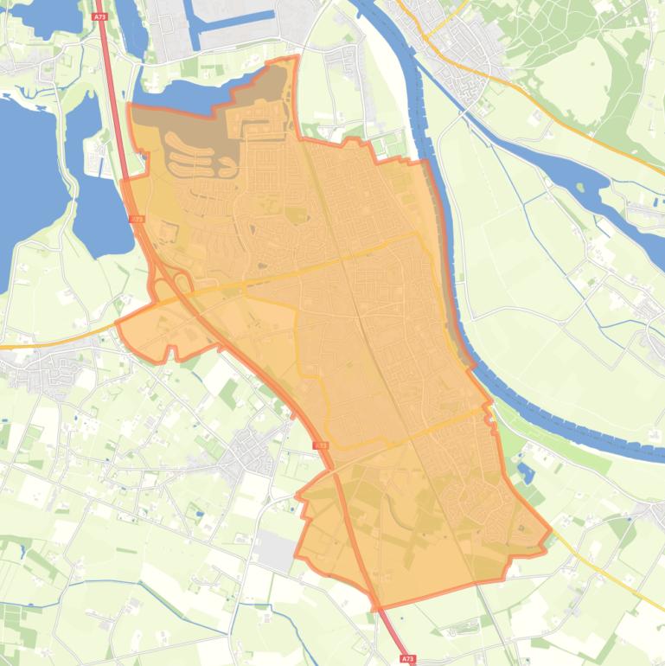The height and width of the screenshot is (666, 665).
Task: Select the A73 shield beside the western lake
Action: (136, 220)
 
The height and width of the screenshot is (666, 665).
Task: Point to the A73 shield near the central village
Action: (320, 445)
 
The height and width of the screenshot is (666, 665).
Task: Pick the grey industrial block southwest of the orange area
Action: (275, 551)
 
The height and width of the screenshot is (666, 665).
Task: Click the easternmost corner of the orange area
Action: (550, 530)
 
